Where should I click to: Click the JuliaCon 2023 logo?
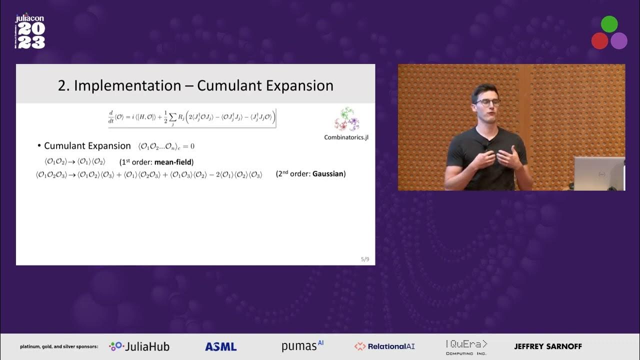tap(30, 31)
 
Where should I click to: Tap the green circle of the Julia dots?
tap(609, 24)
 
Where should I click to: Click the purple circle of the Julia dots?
tap(619, 41)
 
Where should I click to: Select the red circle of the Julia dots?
tap(599, 41)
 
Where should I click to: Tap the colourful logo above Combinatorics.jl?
tap(347, 119)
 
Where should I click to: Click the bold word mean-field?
tap(173, 162)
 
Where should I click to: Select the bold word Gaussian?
tap(329, 174)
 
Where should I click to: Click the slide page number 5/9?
tap(365, 259)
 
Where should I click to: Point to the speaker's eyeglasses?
tap(487, 102)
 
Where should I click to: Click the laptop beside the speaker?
tap(599, 173)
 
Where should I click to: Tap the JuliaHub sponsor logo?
tap(139, 346)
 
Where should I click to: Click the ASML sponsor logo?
tap(220, 346)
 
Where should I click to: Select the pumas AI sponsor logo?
tap(302, 345)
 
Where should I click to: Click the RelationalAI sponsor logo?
tap(384, 346)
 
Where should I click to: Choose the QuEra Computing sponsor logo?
tap(466, 346)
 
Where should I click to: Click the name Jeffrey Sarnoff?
tap(548, 346)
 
